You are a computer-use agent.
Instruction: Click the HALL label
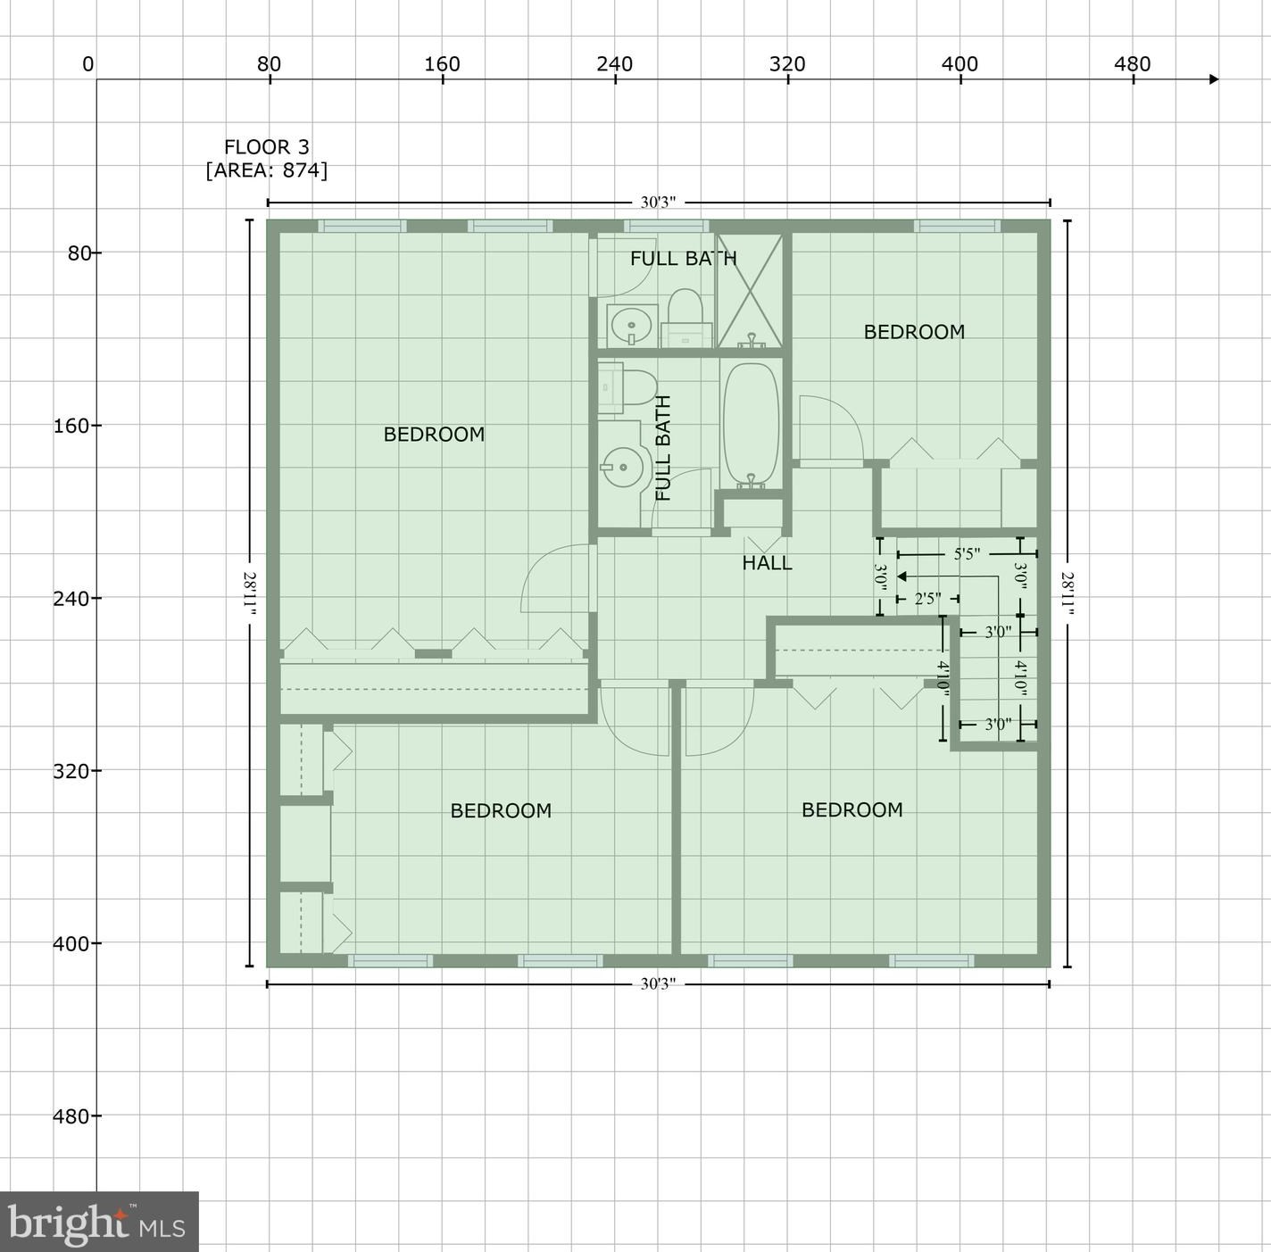(x=767, y=563)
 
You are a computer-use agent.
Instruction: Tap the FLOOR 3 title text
(x=267, y=146)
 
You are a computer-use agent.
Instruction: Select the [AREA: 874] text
(x=267, y=170)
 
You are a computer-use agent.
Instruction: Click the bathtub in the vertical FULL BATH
(x=751, y=427)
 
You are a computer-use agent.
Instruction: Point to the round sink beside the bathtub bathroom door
(x=623, y=467)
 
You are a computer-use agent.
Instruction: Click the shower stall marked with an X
(x=750, y=290)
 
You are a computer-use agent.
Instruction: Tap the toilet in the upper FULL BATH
(x=686, y=318)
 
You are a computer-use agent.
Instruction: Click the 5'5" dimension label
(x=967, y=553)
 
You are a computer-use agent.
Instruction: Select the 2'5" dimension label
(x=927, y=598)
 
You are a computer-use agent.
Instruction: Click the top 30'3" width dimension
(x=658, y=203)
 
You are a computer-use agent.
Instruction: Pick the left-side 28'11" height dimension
(x=249, y=593)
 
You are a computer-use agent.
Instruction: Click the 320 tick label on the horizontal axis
(x=787, y=64)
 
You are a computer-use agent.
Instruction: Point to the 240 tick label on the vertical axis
(x=71, y=598)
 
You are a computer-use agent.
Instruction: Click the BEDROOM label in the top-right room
(x=914, y=331)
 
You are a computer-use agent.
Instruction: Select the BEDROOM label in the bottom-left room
(x=501, y=810)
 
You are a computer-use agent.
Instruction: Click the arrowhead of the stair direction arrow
(x=901, y=576)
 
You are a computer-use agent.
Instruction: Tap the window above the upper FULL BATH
(x=666, y=227)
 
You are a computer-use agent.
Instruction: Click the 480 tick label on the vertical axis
(x=71, y=1115)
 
